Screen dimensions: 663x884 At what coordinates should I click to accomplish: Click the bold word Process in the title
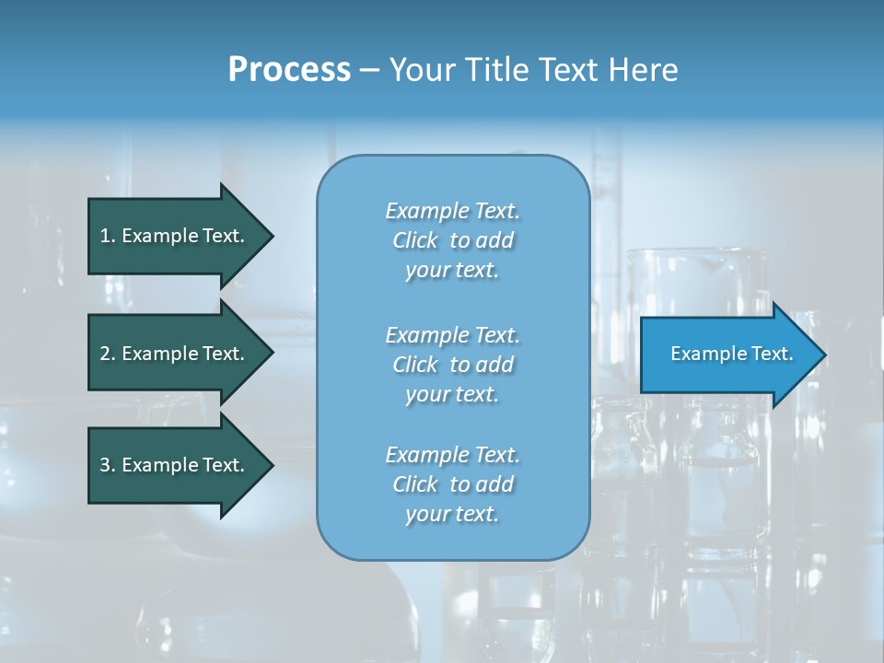click(x=289, y=70)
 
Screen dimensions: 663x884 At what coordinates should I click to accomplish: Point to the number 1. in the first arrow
click(x=108, y=236)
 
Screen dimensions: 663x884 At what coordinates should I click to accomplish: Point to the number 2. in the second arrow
click(x=108, y=354)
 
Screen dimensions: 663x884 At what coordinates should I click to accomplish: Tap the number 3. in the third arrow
click(x=108, y=465)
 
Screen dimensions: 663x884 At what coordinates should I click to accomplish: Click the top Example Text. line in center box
click(x=452, y=211)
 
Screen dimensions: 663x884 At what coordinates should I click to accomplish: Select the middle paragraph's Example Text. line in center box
click(x=452, y=335)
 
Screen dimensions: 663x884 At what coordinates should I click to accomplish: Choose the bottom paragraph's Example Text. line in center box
click(x=452, y=455)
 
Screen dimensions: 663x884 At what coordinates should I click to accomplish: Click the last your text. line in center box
click(x=452, y=514)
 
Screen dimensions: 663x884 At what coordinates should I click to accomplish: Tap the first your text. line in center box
click(x=452, y=270)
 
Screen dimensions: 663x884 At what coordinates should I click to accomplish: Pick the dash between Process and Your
click(x=370, y=70)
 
